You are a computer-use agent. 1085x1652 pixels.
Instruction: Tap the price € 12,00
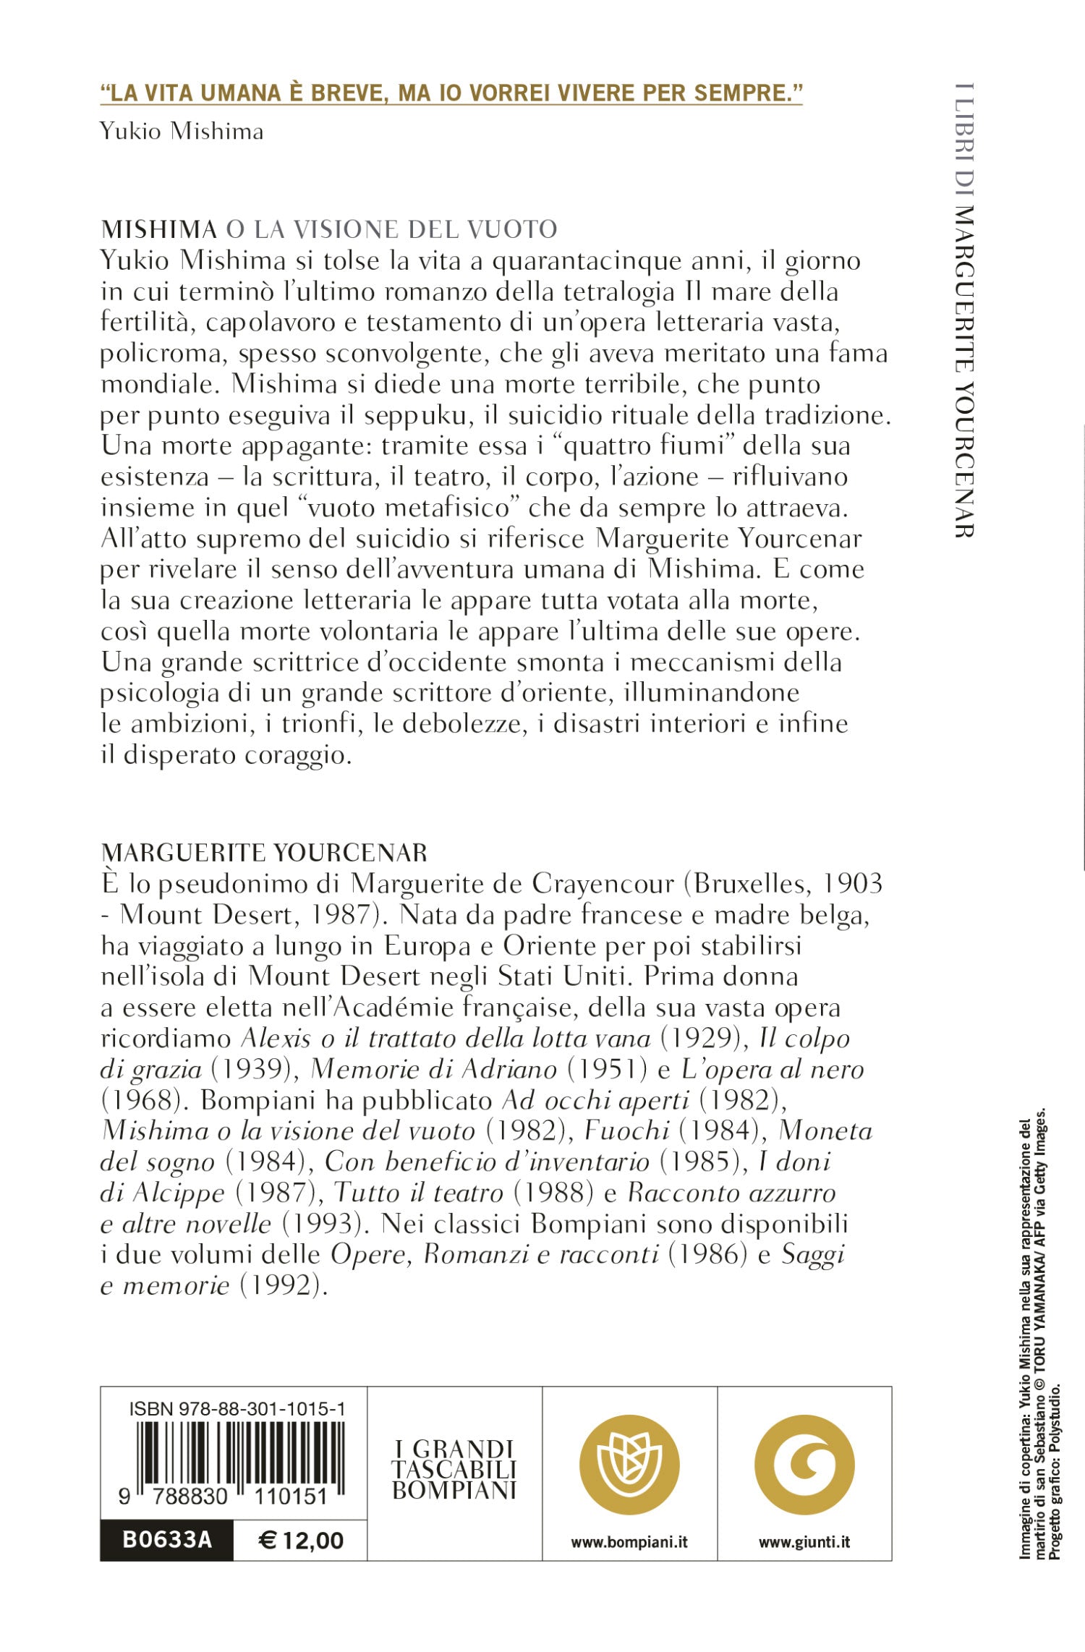[301, 1540]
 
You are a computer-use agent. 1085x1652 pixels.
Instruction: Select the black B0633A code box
[167, 1540]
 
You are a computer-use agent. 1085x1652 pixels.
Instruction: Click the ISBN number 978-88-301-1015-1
[237, 1408]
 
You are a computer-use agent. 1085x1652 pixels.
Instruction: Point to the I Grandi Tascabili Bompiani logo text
[454, 1469]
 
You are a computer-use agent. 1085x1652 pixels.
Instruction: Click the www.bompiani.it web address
[629, 1542]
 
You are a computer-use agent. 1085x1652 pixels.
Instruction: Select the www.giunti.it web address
[804, 1542]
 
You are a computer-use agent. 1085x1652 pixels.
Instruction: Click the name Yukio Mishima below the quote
[182, 132]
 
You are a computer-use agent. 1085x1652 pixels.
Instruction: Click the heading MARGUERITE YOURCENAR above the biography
[264, 853]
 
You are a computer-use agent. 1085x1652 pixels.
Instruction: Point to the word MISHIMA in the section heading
[159, 229]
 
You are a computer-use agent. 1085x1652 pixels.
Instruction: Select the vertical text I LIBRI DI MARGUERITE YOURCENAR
[964, 311]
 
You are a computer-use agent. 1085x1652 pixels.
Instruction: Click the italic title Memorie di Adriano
[433, 1069]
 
